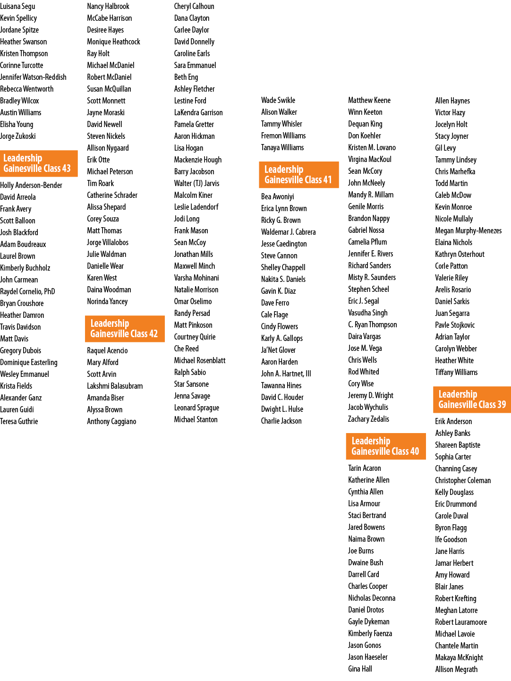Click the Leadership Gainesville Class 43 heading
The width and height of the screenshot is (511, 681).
38,163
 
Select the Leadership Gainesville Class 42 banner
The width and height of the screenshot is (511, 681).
125,329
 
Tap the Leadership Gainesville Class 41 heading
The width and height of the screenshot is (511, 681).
299,175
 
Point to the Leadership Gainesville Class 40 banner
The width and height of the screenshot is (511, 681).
386,446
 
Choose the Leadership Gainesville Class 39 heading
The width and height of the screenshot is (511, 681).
472,400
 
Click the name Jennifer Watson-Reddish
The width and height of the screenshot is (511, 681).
33,77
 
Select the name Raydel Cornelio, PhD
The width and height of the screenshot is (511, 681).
27,292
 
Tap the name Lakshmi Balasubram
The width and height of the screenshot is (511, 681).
115,386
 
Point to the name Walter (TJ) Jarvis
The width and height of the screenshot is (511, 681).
197,183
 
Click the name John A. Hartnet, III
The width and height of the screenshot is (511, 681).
286,374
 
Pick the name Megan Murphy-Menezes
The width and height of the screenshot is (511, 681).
468,231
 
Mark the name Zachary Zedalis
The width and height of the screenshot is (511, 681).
368,419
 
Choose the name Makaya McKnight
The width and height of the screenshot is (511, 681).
459,657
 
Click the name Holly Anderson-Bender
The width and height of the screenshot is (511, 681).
31,186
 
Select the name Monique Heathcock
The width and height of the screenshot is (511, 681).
113,42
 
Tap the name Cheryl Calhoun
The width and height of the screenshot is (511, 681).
194,7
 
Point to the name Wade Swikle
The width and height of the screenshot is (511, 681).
278,100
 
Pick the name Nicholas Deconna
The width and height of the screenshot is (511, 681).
372,598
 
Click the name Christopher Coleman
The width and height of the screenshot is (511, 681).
463,481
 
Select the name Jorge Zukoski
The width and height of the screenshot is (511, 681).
17,136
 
